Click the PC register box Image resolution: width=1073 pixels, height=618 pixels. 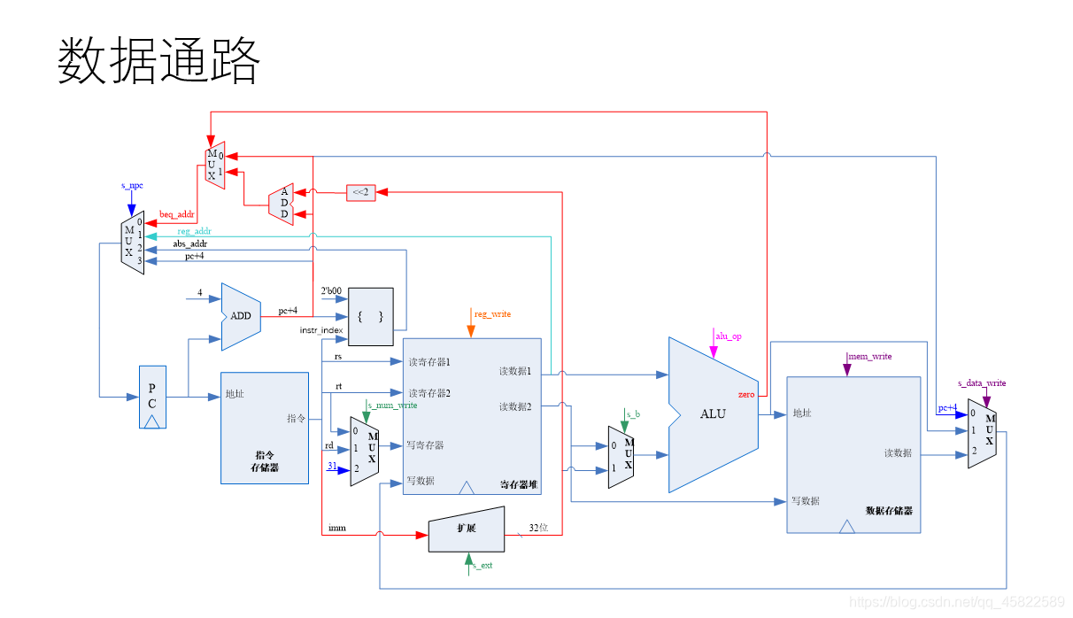click(152, 397)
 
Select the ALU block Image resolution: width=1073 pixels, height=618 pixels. click(713, 413)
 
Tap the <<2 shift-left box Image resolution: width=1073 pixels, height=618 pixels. click(360, 191)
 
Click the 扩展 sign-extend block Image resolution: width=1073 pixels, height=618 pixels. click(467, 529)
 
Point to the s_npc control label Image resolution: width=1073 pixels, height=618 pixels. click(132, 186)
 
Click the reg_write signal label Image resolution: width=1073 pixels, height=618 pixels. click(492, 314)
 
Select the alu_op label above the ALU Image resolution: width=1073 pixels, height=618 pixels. click(728, 336)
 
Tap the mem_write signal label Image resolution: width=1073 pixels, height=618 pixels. click(869, 356)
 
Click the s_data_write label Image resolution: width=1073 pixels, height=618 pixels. click(982, 383)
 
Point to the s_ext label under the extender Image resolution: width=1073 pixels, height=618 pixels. click(482, 565)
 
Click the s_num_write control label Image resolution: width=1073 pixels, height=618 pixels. click(391, 405)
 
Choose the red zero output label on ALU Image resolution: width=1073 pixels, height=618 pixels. click(745, 395)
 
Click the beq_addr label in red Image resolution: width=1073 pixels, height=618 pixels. click(176, 214)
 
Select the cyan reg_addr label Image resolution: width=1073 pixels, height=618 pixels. click(194, 231)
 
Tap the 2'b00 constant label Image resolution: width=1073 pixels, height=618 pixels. click(330, 290)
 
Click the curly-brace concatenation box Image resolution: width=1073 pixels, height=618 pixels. click(370, 316)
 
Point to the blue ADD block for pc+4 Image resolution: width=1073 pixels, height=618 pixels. click(240, 316)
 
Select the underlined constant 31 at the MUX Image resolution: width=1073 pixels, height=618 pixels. click(332, 466)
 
